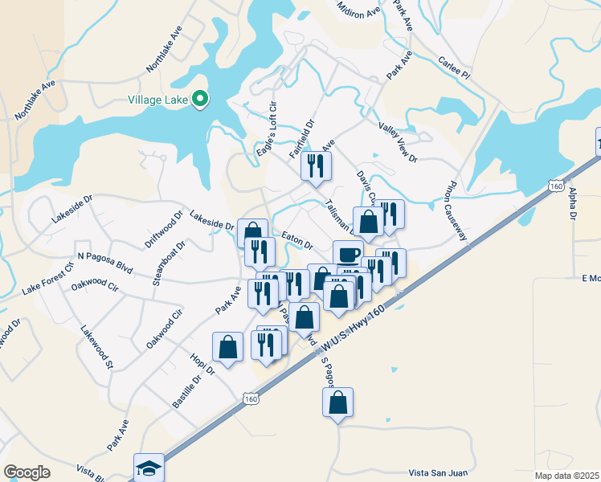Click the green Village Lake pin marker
[x=200, y=100]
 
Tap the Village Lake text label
[x=158, y=100]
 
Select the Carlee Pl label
[x=452, y=67]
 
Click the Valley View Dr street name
[x=398, y=141]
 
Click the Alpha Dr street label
[x=573, y=205]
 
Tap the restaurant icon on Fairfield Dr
[x=315, y=166]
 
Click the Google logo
[x=27, y=473]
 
